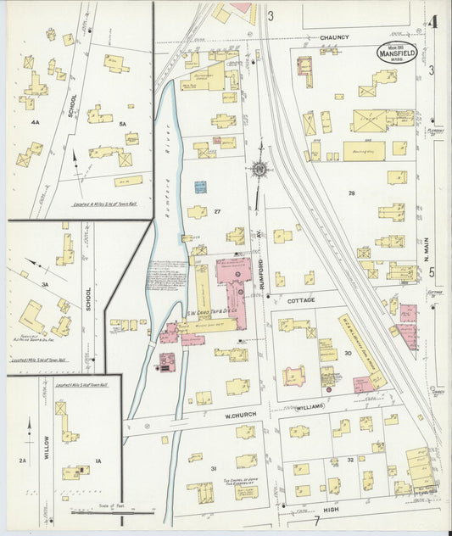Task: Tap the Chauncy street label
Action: point(335,38)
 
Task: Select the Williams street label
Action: point(310,407)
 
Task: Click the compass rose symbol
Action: point(259,170)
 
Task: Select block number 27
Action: point(217,211)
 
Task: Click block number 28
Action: point(350,194)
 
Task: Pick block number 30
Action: point(348,353)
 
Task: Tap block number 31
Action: point(214,469)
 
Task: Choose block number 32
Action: point(349,461)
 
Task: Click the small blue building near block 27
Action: point(200,187)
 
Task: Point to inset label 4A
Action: point(35,122)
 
